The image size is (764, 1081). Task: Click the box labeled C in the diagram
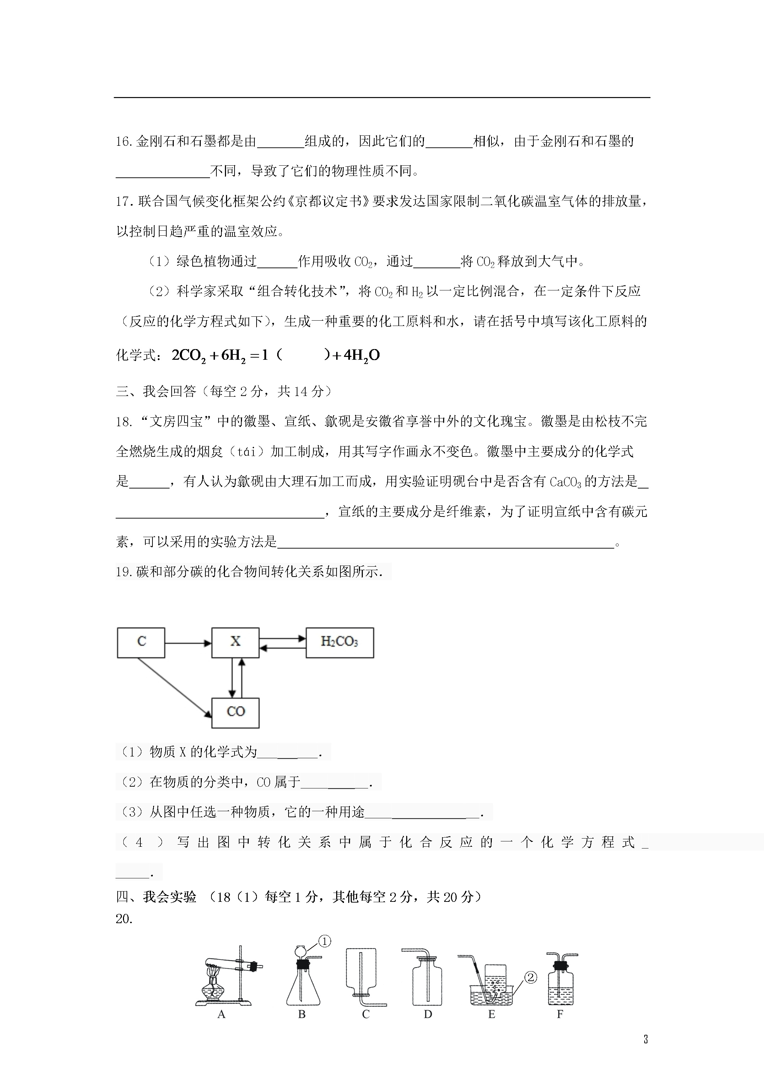[141, 642]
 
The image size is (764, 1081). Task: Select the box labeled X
[235, 642]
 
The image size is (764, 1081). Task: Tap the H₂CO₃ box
[339, 642]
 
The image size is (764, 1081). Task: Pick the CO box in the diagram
[235, 712]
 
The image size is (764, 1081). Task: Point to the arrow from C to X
[188, 643]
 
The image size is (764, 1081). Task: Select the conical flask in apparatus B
[303, 987]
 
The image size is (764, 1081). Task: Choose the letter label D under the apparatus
[427, 1014]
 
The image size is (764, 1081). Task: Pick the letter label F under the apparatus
[560, 1014]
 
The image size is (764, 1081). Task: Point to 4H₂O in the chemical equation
[361, 355]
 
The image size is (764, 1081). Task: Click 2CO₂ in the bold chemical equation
[188, 355]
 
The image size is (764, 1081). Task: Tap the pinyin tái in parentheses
[246, 452]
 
